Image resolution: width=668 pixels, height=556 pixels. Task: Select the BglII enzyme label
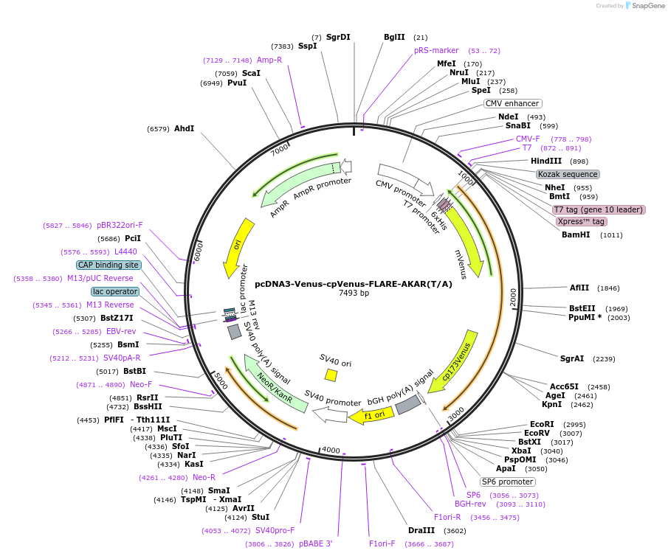394,37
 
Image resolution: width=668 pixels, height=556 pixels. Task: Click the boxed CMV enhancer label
512,103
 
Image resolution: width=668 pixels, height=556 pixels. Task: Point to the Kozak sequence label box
568,174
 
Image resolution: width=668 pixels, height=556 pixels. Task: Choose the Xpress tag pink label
582,221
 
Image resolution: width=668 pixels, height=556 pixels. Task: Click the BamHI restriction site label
576,234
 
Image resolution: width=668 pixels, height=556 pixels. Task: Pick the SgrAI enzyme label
572,358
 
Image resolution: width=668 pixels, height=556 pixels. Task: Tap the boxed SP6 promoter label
508,482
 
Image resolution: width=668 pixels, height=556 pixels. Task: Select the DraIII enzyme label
421,530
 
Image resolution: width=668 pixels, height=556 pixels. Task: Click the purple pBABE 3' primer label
315,543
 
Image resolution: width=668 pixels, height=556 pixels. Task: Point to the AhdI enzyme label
184,128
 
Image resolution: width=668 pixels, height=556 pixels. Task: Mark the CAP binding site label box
108,265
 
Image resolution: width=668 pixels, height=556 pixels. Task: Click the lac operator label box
115,291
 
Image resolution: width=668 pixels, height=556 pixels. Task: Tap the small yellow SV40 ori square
331,375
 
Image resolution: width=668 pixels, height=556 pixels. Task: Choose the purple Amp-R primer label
269,60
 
